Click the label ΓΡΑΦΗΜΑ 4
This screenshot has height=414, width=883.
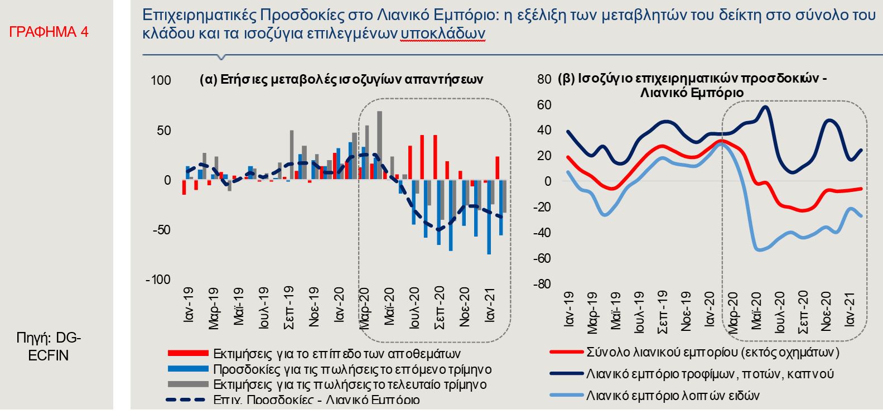point(49,32)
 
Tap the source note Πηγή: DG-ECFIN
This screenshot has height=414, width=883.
point(49,346)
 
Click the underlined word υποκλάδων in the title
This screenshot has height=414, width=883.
point(442,34)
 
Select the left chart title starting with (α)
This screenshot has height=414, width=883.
point(341,79)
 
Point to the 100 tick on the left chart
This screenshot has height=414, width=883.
point(161,81)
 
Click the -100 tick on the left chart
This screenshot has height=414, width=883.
point(158,280)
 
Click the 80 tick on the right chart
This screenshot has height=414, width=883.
point(544,79)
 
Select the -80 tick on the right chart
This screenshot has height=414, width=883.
point(541,284)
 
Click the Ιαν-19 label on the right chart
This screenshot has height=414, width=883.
point(568,309)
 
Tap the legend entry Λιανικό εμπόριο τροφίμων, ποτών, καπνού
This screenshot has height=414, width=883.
point(710,374)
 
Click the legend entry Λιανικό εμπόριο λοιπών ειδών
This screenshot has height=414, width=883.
point(673,396)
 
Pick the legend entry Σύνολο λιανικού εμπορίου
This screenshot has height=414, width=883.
point(712,352)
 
